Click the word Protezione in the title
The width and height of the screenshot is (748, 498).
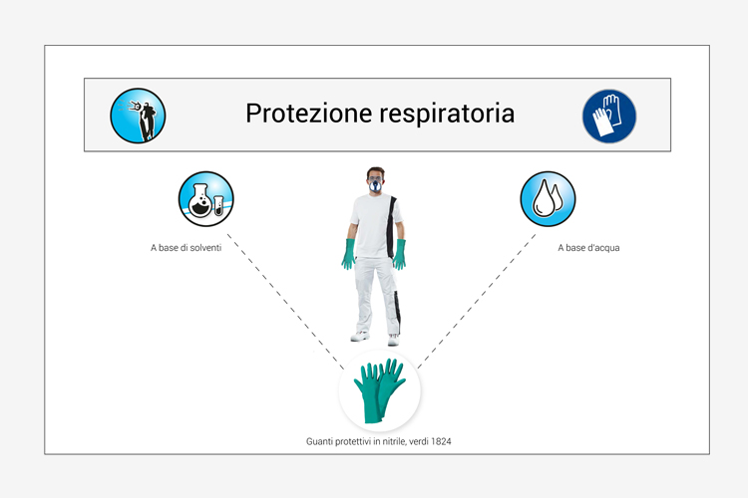(308, 114)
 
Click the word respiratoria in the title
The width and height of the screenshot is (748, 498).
(447, 115)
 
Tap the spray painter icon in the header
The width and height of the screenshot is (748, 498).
(138, 116)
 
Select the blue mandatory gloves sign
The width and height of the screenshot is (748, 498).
(609, 116)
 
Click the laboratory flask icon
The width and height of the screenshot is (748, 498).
(206, 199)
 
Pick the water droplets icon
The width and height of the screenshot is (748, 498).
(548, 199)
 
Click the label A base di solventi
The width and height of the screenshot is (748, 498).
(187, 248)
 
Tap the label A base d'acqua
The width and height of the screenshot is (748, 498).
(588, 248)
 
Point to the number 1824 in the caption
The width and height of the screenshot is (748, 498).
(441, 441)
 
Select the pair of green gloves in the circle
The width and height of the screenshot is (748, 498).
(380, 390)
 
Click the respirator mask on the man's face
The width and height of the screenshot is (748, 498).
(375, 185)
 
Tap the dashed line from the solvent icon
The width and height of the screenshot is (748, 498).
(285, 301)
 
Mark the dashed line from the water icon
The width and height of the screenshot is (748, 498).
(477, 301)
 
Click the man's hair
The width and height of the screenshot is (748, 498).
(376, 170)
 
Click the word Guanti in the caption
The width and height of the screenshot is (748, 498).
(319, 441)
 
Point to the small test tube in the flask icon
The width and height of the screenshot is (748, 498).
(218, 205)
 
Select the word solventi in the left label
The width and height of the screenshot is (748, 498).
(205, 248)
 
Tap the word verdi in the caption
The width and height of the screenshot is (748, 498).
(419, 441)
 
